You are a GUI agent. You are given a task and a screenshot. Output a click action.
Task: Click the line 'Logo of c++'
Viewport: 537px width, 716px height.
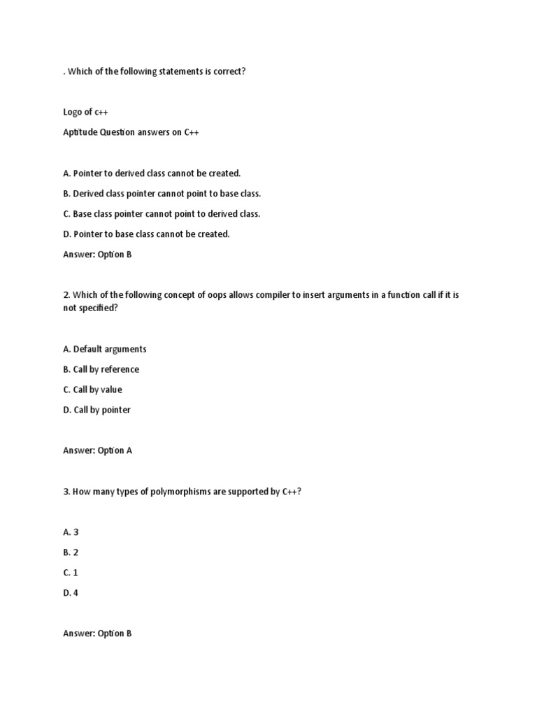(x=85, y=112)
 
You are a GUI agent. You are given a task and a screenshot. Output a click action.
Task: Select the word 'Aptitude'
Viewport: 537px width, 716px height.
(x=80, y=132)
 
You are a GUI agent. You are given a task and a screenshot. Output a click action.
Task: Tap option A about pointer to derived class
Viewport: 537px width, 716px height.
(x=152, y=173)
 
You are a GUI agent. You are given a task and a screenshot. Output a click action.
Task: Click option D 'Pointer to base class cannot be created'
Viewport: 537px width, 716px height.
(x=146, y=234)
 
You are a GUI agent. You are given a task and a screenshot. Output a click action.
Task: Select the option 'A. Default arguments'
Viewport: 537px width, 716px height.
(x=105, y=349)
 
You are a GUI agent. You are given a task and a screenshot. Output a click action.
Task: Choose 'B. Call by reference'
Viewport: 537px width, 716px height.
(x=101, y=369)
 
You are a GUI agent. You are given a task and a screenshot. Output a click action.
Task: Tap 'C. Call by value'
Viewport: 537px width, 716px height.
(x=93, y=389)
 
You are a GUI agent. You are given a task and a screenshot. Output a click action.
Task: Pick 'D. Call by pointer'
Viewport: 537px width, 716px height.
(x=96, y=410)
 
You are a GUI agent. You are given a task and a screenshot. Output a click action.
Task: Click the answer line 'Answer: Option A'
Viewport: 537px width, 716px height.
(x=97, y=450)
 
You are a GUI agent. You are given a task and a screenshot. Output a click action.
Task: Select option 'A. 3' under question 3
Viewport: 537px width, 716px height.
(x=71, y=532)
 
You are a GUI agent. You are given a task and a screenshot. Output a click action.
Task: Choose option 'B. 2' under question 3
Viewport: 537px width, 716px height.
(x=71, y=552)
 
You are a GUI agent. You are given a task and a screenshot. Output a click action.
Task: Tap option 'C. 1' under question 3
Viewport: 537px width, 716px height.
(x=71, y=573)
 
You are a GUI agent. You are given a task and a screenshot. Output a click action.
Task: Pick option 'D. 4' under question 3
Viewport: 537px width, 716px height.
(x=71, y=593)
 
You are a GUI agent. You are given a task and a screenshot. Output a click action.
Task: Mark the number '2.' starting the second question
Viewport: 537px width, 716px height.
(x=66, y=295)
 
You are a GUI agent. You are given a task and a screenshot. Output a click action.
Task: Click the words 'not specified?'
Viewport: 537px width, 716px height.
(x=90, y=308)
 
